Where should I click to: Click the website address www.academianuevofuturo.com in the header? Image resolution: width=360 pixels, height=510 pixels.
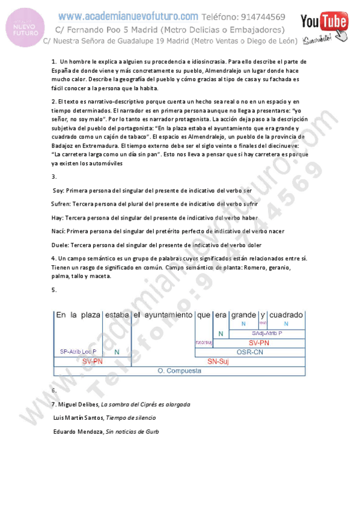tap(128, 16)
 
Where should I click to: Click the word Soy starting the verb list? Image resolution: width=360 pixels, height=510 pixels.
tap(59, 190)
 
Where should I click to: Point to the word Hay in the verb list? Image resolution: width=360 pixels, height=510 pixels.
tap(58, 218)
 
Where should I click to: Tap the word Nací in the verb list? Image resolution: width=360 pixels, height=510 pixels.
tap(59, 231)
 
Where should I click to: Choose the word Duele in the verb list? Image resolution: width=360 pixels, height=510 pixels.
tap(61, 245)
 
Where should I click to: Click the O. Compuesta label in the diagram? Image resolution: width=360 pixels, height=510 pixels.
tap(180, 371)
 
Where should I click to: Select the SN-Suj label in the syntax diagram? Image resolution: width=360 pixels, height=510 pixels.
tap(219, 361)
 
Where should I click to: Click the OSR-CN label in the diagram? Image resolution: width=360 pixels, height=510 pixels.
tap(250, 352)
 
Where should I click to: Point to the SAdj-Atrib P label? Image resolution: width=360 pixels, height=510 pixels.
tap(267, 333)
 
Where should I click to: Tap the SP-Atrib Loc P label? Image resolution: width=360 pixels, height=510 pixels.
tap(78, 351)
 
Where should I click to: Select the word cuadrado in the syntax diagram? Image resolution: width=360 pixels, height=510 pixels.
tap(286, 315)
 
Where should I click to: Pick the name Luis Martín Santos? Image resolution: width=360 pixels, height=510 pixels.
tap(75, 418)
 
